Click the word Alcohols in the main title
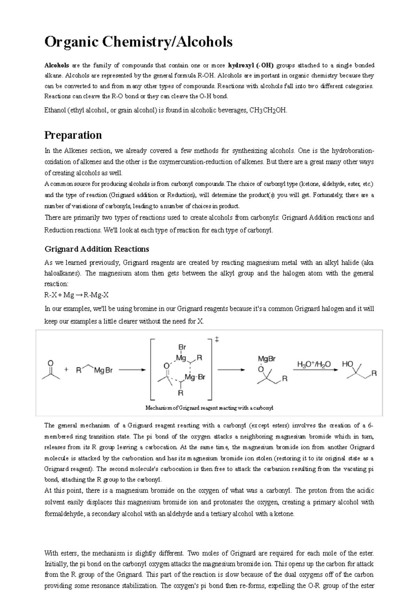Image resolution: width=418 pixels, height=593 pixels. click(x=204, y=42)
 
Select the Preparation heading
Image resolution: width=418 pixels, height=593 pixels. click(x=73, y=135)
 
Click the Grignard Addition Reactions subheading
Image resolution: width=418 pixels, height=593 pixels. click(x=97, y=249)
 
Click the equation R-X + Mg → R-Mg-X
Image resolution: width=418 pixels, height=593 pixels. click(x=77, y=295)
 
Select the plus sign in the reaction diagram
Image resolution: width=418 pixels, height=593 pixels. click(x=67, y=370)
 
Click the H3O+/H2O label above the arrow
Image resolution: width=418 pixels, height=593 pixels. click(x=314, y=364)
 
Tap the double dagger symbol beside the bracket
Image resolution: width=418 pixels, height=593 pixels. click(x=217, y=340)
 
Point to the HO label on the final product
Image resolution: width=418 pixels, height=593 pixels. click(x=347, y=364)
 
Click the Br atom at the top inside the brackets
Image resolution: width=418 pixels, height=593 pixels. click(x=182, y=347)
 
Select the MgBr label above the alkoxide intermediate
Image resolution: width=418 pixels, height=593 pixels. click(x=266, y=359)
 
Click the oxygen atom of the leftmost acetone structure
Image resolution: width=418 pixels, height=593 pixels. click(x=51, y=363)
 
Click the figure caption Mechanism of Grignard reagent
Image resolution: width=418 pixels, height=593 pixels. click(x=209, y=408)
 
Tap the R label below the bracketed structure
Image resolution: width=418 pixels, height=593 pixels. click(x=180, y=393)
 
